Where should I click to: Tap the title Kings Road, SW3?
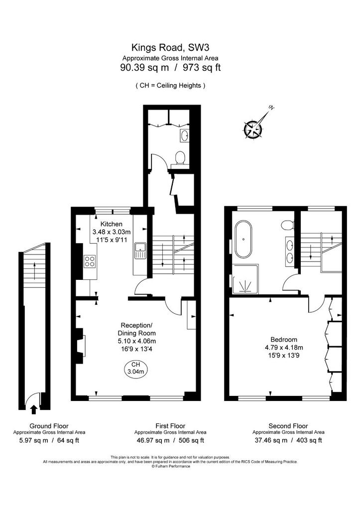(x=170, y=47)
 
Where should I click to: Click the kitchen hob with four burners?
(x=90, y=261)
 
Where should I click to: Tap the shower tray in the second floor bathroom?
(x=245, y=278)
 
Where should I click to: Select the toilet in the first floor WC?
(x=179, y=159)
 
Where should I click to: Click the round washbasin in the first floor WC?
(x=184, y=135)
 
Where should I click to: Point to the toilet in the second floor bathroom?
(x=288, y=225)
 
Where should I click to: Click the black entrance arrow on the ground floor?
(x=33, y=409)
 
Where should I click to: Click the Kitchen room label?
(x=111, y=224)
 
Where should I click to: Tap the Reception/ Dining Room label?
(x=136, y=329)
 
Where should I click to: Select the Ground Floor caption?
(x=49, y=426)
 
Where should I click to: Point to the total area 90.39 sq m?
(x=145, y=68)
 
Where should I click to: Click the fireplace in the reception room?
(x=80, y=347)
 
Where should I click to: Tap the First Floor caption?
(x=170, y=426)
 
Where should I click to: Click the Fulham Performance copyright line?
(x=170, y=466)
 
